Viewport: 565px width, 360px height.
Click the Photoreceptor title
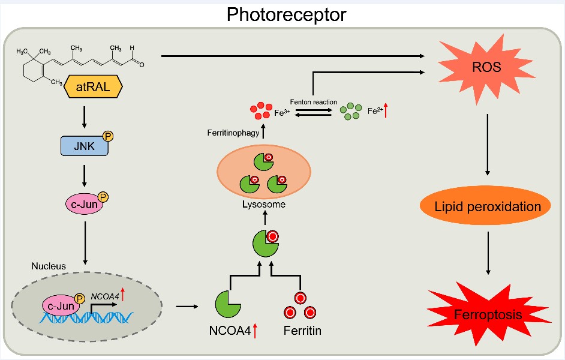(286, 14)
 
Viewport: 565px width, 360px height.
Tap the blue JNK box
(85, 145)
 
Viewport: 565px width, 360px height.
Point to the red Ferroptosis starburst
(487, 314)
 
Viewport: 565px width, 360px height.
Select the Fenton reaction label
(313, 102)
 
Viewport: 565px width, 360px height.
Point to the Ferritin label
(302, 329)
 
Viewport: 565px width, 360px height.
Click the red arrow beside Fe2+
(387, 110)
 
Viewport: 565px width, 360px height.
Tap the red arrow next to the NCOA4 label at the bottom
(256, 329)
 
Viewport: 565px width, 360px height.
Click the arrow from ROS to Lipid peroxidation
(487, 144)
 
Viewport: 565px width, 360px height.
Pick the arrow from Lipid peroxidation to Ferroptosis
(487, 253)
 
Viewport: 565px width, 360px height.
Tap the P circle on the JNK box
(109, 136)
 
